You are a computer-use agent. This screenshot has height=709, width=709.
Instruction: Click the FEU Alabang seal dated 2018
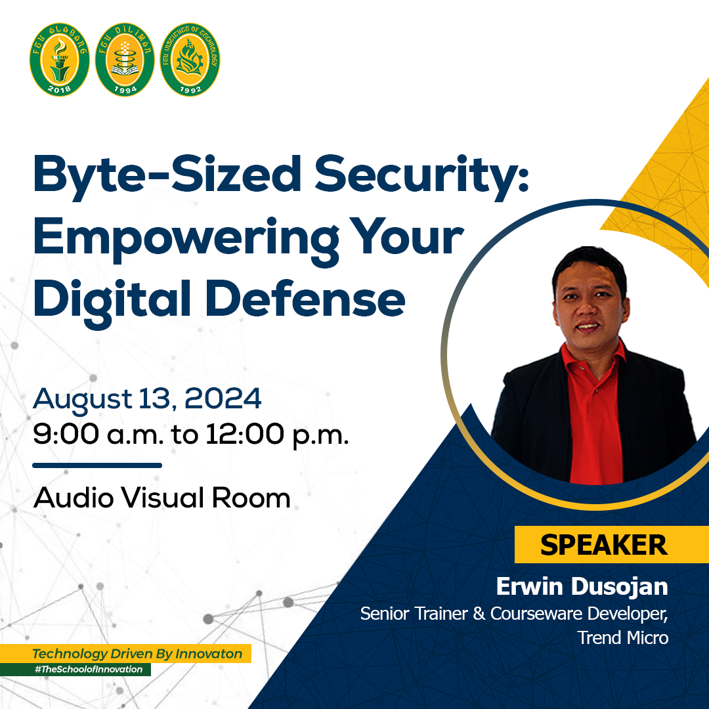pos(59,59)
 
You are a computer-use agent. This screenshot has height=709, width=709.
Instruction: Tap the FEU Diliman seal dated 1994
pos(125,59)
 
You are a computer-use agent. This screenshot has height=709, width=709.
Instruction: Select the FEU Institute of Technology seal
pos(190,59)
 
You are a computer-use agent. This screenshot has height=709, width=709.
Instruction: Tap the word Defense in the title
pos(306,299)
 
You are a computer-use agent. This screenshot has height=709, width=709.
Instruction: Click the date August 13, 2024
pos(147,400)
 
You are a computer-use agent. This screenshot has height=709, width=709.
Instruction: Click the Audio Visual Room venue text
pos(162,498)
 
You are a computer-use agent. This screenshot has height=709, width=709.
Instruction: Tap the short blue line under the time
pos(97,465)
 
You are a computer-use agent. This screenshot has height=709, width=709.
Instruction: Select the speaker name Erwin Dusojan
pos(582,587)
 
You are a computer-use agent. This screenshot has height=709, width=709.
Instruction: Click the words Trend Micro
pos(623,637)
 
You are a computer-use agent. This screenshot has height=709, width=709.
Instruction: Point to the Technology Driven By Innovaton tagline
pos(137,654)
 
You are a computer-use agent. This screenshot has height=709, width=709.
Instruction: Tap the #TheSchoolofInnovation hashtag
pos(89,669)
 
